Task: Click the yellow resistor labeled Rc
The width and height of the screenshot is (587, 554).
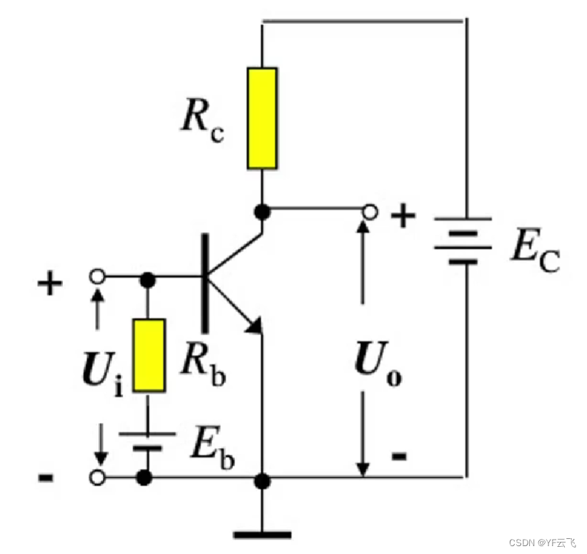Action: (x=262, y=118)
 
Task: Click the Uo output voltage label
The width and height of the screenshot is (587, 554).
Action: (x=379, y=368)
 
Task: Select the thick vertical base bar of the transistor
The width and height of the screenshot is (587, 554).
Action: (x=205, y=283)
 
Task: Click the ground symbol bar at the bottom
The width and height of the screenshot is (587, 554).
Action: (x=262, y=533)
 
